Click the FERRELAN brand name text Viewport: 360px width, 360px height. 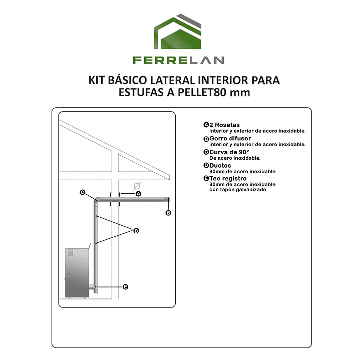tap(178, 60)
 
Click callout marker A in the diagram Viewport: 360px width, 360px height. tap(139, 193)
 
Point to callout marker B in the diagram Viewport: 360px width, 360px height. tap(168, 213)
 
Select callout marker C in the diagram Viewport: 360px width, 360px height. tap(83, 192)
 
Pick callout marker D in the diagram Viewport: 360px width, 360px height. tap(135, 230)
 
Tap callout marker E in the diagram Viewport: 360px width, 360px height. tap(125, 287)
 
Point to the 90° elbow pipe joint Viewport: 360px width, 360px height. tap(97, 201)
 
